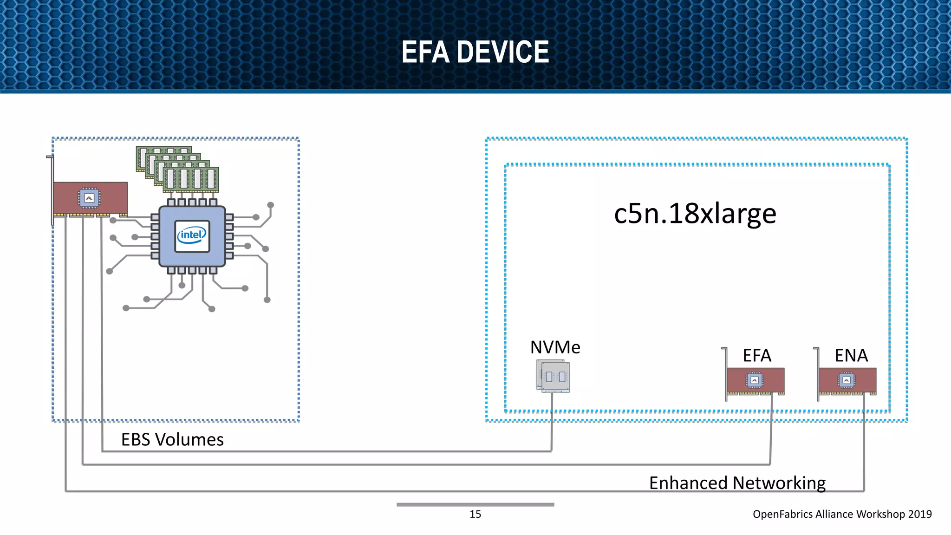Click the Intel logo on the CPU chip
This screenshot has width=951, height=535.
click(x=192, y=235)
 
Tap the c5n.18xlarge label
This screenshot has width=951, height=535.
click(x=695, y=214)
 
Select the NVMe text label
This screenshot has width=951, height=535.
click(x=555, y=347)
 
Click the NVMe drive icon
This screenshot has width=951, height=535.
click(x=553, y=376)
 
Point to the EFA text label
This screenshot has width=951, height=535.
click(x=756, y=356)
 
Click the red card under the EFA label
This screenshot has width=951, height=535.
click(x=755, y=380)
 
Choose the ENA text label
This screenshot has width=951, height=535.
click(x=851, y=356)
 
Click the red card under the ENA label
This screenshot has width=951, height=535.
click(x=847, y=380)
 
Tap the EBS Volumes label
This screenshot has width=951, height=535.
click(x=172, y=439)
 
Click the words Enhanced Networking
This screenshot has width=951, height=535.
click(x=737, y=483)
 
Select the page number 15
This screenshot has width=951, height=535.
click(x=475, y=514)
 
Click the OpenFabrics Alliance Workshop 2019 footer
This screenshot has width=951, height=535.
click(x=842, y=514)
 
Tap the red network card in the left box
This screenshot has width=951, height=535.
click(x=90, y=198)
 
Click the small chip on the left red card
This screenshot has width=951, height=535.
click(x=89, y=198)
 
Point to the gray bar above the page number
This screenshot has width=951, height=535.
click(x=475, y=504)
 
